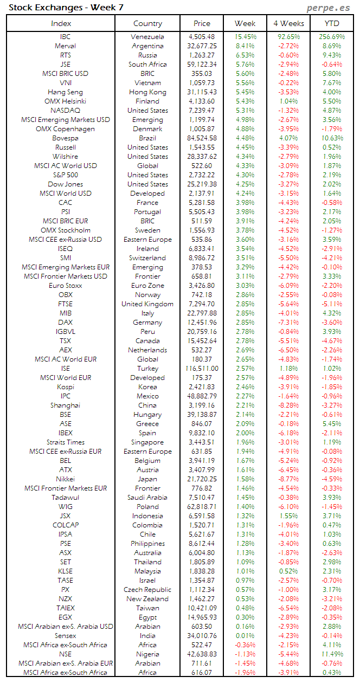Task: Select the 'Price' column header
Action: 202,23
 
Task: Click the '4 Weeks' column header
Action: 288,23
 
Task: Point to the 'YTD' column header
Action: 332,23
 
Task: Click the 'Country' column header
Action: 147,23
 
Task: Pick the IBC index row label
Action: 65,37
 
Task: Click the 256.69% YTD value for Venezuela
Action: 332,37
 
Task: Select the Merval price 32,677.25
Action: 202,46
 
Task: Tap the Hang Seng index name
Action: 65,92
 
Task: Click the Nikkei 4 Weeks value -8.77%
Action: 288,479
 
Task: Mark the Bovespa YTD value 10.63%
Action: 332,138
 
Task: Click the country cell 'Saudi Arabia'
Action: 147,498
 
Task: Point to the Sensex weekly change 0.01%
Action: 245,636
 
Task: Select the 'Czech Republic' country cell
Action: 147,590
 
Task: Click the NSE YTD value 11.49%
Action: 332,654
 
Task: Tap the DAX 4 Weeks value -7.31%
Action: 288,323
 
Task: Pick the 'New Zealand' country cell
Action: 147,599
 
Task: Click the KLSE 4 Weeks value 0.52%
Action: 288,571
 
